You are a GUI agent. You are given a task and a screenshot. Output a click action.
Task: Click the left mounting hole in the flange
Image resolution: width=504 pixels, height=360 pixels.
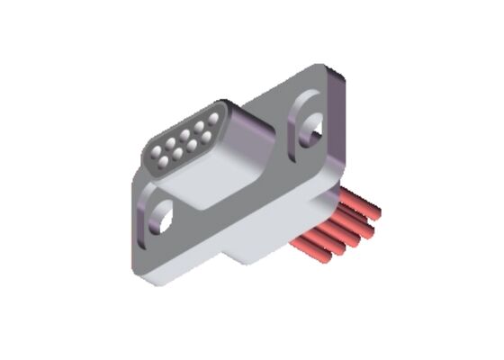click(163, 215)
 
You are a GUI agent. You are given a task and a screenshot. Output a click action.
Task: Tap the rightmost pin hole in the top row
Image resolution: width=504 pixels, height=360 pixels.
click(212, 117)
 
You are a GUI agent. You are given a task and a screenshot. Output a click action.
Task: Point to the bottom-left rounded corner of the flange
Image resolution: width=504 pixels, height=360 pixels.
click(148, 274)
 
